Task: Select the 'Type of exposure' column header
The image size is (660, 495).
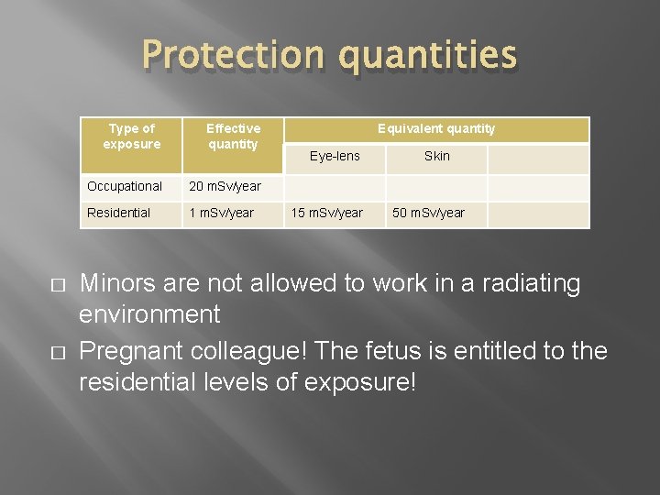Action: pyautogui.click(x=131, y=137)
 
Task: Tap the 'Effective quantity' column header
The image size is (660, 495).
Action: pyautogui.click(x=233, y=137)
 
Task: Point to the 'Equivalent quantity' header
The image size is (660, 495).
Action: pyautogui.click(x=436, y=129)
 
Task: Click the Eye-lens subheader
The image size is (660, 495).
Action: pyautogui.click(x=335, y=157)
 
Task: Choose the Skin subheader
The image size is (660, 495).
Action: pyautogui.click(x=436, y=157)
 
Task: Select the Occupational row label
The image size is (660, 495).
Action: pyautogui.click(x=124, y=187)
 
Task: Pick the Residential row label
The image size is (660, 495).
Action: pyautogui.click(x=118, y=214)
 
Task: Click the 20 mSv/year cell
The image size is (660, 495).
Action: pyautogui.click(x=225, y=187)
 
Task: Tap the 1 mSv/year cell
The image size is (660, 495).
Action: pyautogui.click(x=221, y=214)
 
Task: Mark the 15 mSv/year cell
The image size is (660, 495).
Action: pyautogui.click(x=326, y=214)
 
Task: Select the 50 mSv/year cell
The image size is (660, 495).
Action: pyautogui.click(x=428, y=214)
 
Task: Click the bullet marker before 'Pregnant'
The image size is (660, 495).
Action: pyautogui.click(x=60, y=352)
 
